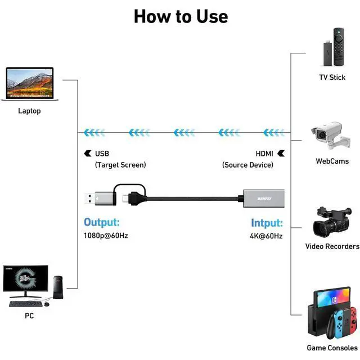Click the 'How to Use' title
(x=181, y=16)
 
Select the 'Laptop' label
(x=29, y=111)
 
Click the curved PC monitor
(x=25, y=278)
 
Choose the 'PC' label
(x=29, y=316)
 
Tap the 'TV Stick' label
(x=332, y=77)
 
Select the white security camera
(x=328, y=136)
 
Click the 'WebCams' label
(x=332, y=161)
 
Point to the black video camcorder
(x=331, y=221)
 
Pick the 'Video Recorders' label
(x=332, y=246)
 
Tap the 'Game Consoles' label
(x=332, y=348)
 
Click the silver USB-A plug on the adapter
(x=93, y=199)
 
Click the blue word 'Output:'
(x=102, y=222)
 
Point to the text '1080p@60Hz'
(x=106, y=236)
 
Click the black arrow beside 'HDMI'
(x=281, y=153)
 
